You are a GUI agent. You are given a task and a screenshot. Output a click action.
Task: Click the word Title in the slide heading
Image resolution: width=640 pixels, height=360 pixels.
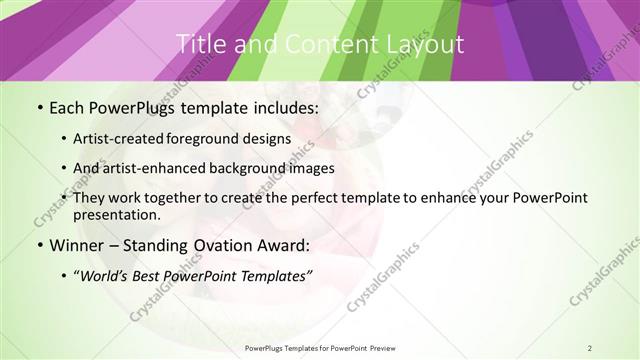coord(199,43)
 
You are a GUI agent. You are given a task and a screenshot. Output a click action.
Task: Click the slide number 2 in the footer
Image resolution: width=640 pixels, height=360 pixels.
coord(590,348)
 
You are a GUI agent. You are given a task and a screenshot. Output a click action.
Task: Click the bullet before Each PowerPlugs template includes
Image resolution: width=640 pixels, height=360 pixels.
coord(39,106)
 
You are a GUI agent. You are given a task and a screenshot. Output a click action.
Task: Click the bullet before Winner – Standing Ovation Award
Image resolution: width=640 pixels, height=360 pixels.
coord(39,244)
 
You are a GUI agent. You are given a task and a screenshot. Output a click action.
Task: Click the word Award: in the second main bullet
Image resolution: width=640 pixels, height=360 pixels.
coord(283,244)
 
